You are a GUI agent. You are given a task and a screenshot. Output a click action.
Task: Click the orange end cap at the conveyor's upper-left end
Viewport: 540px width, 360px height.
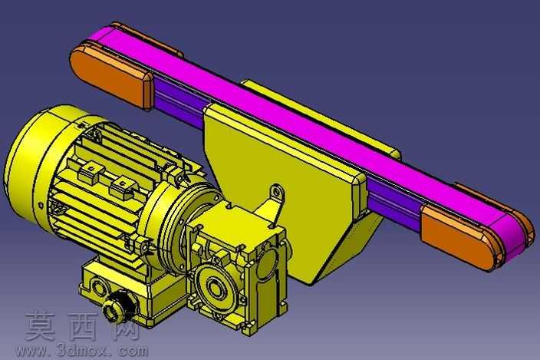111,78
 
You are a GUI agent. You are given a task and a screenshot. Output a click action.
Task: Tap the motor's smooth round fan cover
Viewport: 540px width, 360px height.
38,162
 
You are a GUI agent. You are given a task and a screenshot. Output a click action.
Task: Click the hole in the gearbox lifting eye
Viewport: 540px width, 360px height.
276,192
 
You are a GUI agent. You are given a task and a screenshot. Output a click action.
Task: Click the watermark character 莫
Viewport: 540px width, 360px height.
41,325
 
